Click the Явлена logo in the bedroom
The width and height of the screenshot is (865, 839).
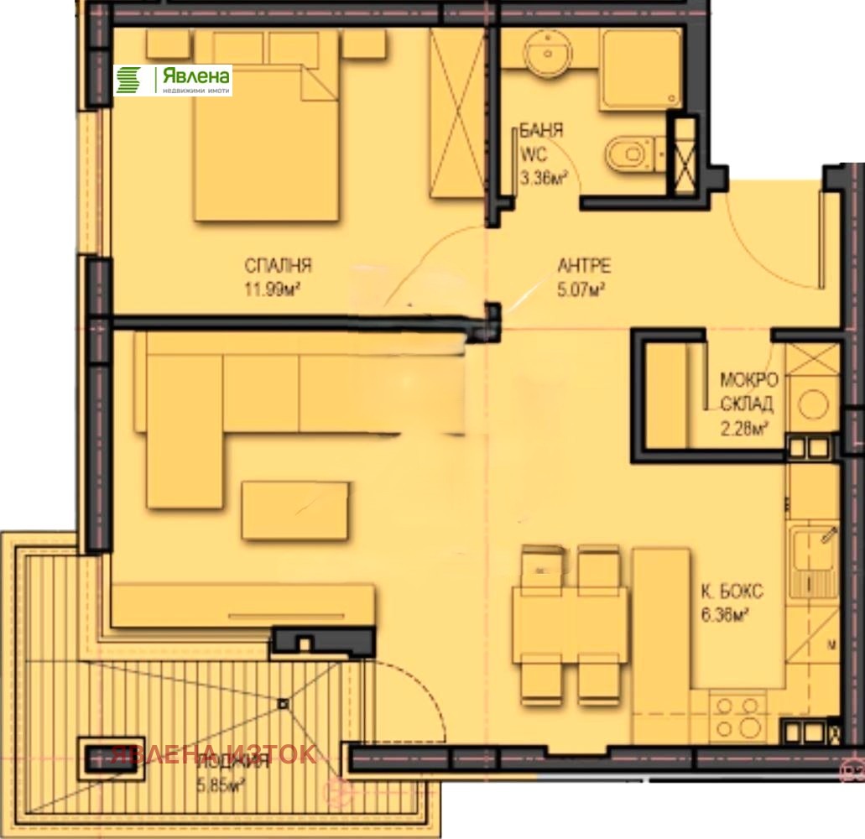point(173,81)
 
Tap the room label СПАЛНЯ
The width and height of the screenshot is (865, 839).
point(279,266)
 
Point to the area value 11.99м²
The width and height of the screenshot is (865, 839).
point(274,289)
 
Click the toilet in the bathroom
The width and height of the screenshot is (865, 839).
point(626,156)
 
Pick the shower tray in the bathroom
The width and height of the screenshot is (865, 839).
point(640,70)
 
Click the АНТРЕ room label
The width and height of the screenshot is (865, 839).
point(584,267)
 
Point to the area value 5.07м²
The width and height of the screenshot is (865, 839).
point(581,289)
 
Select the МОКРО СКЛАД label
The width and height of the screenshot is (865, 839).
point(748,391)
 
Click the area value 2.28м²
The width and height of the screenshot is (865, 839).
point(745,430)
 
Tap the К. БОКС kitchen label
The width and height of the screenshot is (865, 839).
point(732,591)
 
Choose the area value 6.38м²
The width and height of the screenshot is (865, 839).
point(726,615)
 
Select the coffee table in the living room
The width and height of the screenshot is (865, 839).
point(294,510)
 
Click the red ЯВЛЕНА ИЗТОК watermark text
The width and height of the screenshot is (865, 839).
point(213,753)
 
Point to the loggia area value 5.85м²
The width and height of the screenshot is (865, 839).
point(220,785)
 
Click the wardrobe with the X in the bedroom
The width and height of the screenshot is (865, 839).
point(459,114)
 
